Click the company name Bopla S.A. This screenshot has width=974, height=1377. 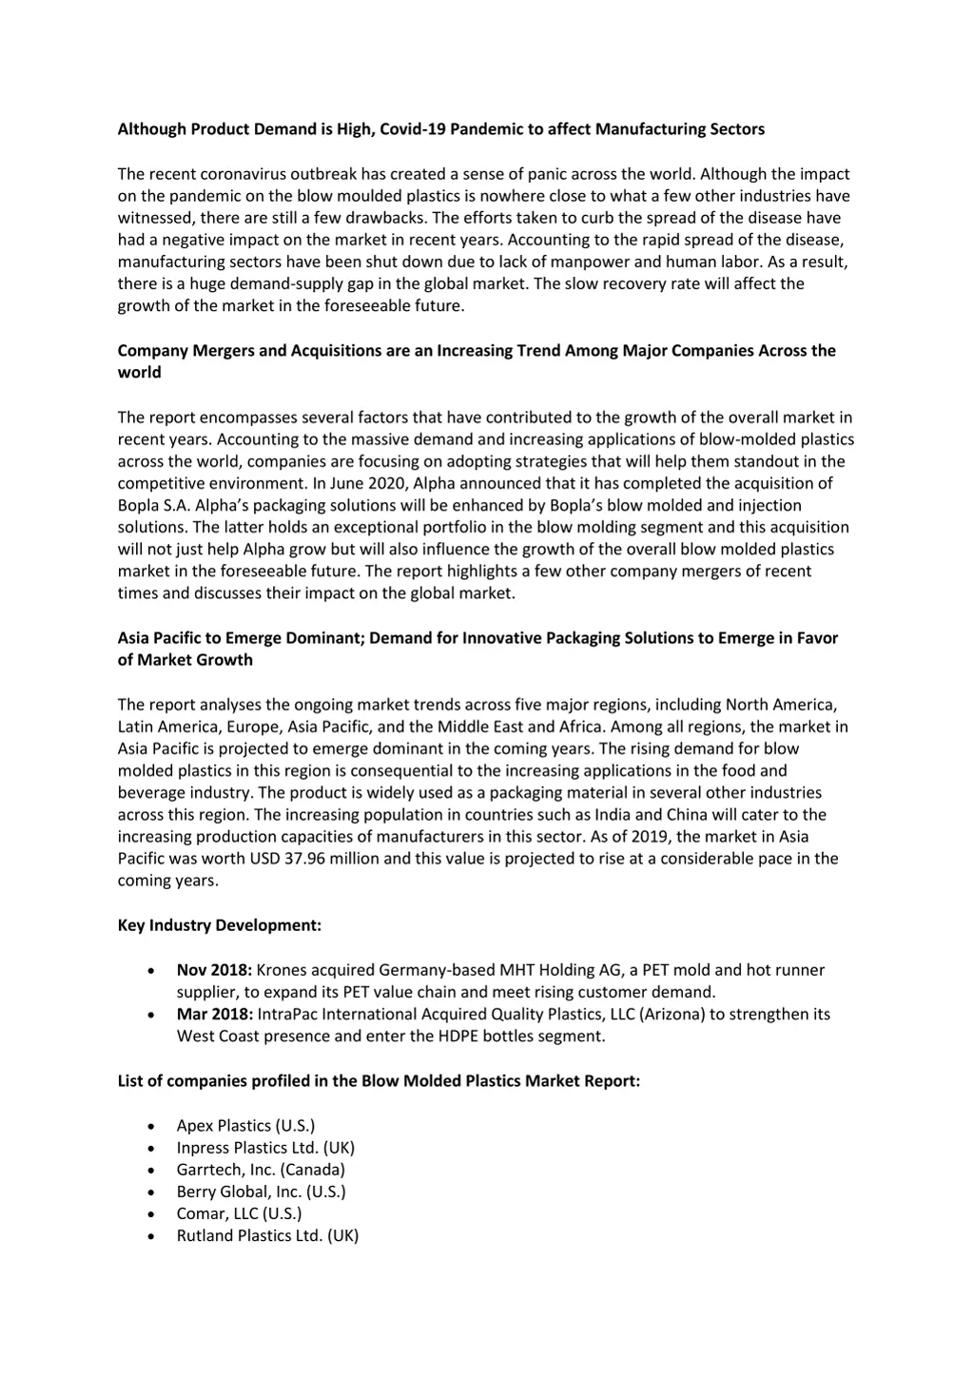153,505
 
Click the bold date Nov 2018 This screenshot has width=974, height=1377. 214,970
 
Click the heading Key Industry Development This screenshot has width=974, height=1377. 220,925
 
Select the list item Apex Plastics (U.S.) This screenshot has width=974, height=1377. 245,1126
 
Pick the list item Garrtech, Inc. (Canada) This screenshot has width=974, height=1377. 261,1170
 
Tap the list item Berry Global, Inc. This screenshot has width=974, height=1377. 261,1192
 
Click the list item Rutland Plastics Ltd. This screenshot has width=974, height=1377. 267,1235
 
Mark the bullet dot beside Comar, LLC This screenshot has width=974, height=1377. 152,1214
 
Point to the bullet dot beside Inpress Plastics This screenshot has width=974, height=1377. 152,1149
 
